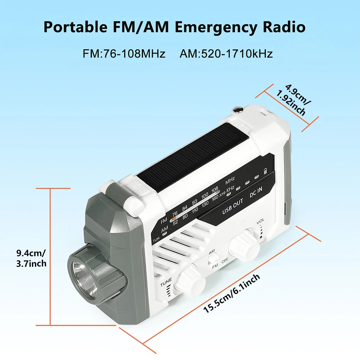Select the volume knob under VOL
(x=244, y=244)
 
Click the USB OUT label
(x=233, y=207)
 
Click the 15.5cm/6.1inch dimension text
(x=232, y=293)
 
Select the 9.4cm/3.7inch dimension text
(x=31, y=258)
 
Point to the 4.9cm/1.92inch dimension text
(x=292, y=100)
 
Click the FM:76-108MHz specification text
(x=124, y=54)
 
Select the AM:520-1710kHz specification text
(x=226, y=54)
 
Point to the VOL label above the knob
(x=260, y=221)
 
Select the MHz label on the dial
(x=230, y=179)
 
